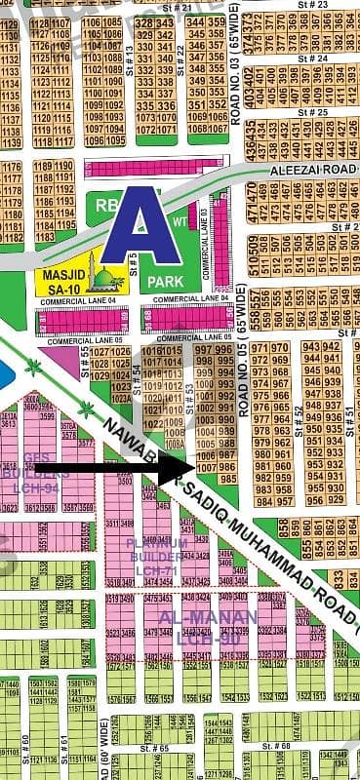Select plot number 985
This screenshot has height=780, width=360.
coord(227,480)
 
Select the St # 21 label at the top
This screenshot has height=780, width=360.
coord(178,8)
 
